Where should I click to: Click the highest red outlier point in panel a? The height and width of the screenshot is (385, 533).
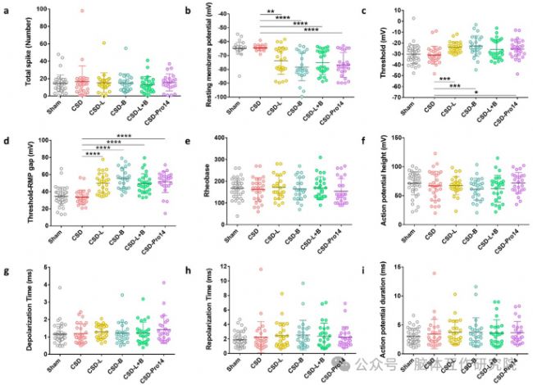(x=82, y=11)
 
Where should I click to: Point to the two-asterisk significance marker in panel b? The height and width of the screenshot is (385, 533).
(x=270, y=12)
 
